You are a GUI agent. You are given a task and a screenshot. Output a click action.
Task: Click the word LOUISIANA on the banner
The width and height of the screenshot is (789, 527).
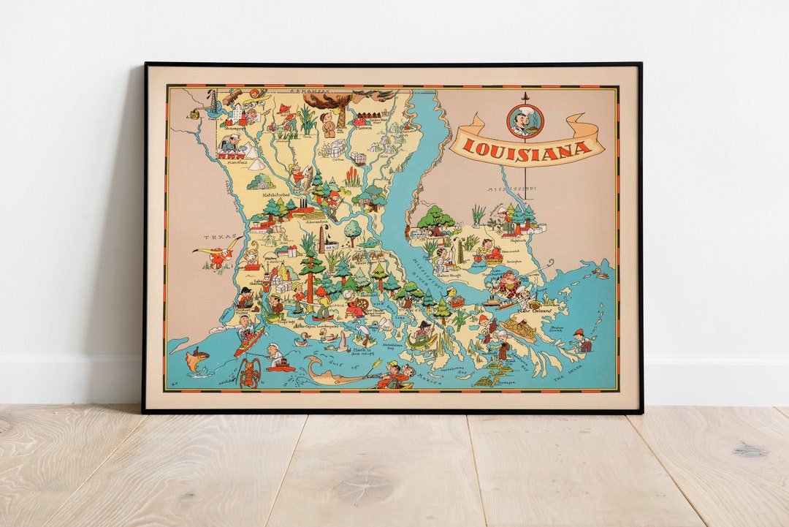(527, 148)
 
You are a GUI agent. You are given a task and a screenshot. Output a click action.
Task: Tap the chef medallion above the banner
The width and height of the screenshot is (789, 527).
(525, 121)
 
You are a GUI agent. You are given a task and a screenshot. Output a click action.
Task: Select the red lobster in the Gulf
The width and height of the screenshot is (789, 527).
(250, 372)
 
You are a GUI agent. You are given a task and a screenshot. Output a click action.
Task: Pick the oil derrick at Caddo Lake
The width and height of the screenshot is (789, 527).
(213, 102)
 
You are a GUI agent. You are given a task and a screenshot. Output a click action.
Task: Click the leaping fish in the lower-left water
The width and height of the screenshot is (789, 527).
(196, 359)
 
